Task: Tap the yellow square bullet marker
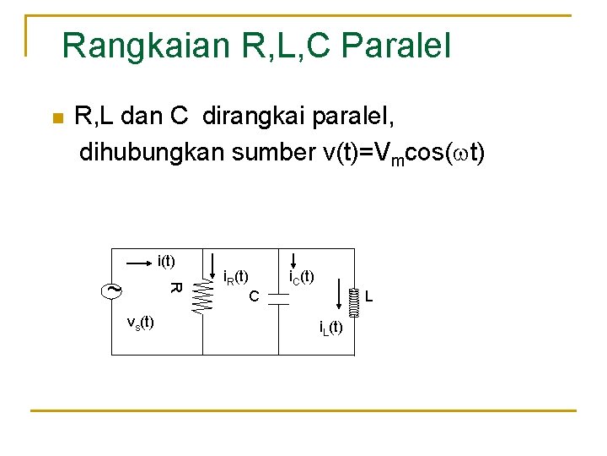[x=56, y=117]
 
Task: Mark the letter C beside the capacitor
[x=254, y=296]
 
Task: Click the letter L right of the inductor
[x=369, y=296]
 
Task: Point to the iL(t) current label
[x=330, y=328]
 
